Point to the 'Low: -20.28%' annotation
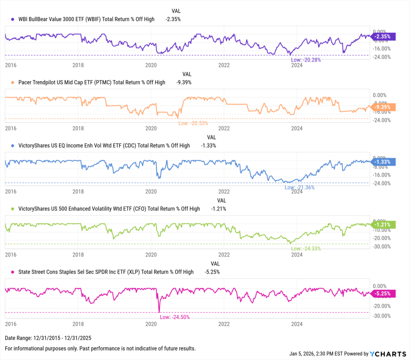pos(305,60)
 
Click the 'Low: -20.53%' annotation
pos(193,123)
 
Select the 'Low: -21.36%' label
pos(299,187)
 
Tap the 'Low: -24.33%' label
pos(306,248)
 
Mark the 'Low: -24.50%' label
pos(175,317)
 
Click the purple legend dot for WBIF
pos(13,19)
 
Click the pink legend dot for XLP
pos(13,272)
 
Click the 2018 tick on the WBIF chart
pos(78,65)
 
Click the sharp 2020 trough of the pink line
pos(159,312)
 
